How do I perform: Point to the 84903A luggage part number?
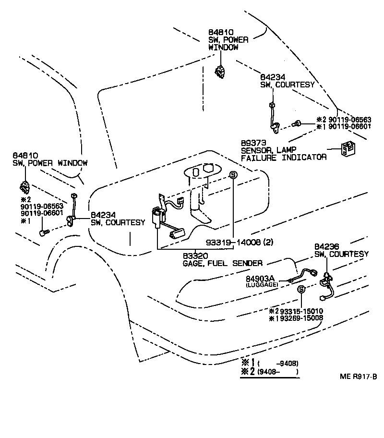[x=260, y=279]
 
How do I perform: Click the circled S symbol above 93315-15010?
[x=301, y=289]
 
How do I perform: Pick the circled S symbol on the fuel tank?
[x=233, y=175]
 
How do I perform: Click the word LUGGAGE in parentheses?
[x=261, y=285]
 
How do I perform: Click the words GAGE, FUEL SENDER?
[x=222, y=263]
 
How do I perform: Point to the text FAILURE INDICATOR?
[x=283, y=157]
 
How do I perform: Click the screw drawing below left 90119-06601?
[x=45, y=232]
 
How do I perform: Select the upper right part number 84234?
[x=273, y=77]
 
